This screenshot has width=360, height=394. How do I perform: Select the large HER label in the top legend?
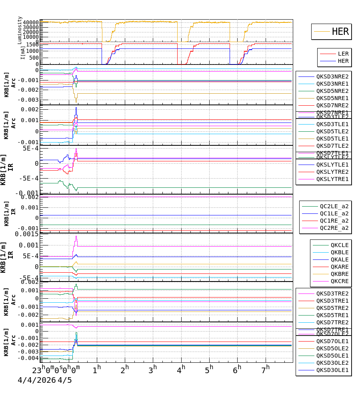340,32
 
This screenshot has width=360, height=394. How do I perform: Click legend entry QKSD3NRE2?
332,76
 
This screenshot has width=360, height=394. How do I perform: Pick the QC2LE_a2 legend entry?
334,206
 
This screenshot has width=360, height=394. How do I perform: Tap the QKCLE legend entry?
339,245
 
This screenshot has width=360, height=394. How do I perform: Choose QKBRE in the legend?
339,274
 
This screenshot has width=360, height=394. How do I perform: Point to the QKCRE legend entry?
339,281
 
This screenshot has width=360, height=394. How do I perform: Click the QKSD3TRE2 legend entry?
332,293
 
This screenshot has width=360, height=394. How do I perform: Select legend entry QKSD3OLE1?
332,370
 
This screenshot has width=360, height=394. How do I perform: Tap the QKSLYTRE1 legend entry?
332,179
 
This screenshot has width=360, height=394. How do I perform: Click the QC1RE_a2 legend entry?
334,221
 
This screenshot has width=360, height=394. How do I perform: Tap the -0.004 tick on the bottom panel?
30,358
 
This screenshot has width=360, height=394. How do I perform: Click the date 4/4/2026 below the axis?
37,380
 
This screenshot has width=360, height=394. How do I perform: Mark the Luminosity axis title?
20,30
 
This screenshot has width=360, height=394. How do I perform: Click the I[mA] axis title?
23,52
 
